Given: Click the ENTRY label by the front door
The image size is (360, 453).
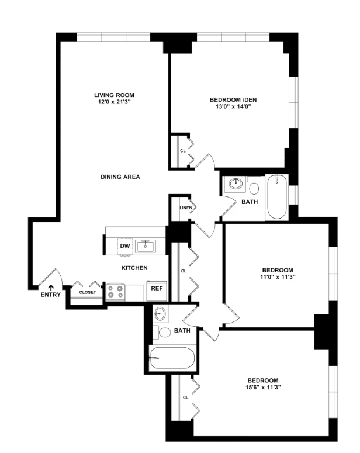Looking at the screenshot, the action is (51, 295).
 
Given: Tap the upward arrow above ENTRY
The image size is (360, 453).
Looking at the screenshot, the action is (51, 288).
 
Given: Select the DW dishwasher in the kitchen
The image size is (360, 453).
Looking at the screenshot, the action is (125, 246).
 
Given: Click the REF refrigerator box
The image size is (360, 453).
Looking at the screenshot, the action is (157, 291).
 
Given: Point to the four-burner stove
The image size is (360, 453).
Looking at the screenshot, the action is (116, 292).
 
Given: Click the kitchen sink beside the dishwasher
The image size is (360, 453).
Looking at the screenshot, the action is (146, 246).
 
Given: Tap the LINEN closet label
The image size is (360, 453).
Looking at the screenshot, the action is (186, 208).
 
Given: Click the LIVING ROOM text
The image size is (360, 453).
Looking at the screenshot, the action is (114, 95).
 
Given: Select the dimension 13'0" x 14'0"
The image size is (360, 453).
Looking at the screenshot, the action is (233, 106).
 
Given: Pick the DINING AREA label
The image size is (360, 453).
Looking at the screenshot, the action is (120, 177).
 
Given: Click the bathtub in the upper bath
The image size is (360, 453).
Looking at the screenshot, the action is (277, 198).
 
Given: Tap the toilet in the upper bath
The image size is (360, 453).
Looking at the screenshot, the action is (254, 186).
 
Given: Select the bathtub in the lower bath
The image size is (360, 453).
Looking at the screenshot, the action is (172, 358).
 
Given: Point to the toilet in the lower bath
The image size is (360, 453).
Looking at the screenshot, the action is (162, 332).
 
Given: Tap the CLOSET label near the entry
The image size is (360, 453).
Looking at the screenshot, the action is (88, 292).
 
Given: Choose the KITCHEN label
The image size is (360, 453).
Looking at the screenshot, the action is (134, 268).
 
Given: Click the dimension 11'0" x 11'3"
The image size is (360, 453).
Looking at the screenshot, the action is (278, 277).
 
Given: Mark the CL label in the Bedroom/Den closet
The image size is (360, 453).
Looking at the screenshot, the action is (183, 151).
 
